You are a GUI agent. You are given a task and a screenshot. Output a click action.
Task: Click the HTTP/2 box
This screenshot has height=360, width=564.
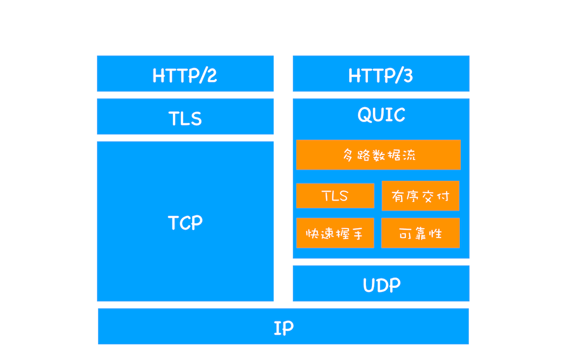pyautogui.click(x=185, y=74)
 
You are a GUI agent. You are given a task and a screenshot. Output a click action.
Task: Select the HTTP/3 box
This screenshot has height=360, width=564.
pyautogui.click(x=381, y=74)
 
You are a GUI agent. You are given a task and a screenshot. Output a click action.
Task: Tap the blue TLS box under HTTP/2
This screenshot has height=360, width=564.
pyautogui.click(x=185, y=117)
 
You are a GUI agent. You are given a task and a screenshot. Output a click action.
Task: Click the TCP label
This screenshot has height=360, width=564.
pyautogui.click(x=185, y=223)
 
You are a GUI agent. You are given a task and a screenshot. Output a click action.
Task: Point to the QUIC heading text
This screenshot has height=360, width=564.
pyautogui.click(x=381, y=115)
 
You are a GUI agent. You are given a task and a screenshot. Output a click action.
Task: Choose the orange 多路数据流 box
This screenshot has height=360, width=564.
pyautogui.click(x=378, y=155)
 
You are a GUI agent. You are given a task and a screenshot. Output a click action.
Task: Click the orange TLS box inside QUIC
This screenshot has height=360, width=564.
pyautogui.click(x=335, y=196)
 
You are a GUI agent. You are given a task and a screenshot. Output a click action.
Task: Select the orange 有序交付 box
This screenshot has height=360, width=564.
pyautogui.click(x=420, y=196)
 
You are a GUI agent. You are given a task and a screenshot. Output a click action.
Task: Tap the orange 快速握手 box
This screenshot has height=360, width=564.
pyautogui.click(x=335, y=233)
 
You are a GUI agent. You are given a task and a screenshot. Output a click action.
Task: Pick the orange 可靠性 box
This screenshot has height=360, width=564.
pyautogui.click(x=420, y=233)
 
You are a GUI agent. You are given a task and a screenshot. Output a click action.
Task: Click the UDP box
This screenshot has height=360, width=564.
pyautogui.click(x=381, y=284)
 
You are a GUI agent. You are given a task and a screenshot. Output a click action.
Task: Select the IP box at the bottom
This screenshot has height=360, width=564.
pyautogui.click(x=283, y=327)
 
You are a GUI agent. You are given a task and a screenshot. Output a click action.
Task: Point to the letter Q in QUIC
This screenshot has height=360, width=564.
pyautogui.click(x=364, y=115)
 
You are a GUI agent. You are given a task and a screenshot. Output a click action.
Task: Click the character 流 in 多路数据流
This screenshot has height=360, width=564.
pyautogui.click(x=408, y=155)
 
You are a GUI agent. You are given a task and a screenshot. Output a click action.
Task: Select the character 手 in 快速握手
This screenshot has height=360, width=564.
pyautogui.click(x=357, y=234)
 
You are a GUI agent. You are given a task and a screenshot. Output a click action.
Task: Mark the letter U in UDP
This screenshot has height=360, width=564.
pyautogui.click(x=369, y=285)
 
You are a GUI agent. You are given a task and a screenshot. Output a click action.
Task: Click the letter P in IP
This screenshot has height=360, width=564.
pyautogui.click(x=288, y=328)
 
